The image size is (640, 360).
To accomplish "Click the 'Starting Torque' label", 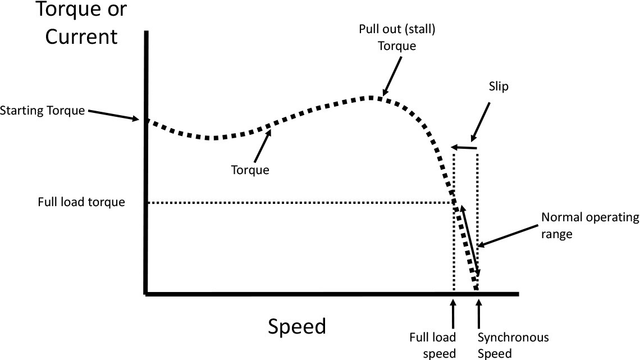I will (x=43, y=110).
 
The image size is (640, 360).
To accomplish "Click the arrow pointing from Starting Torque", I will (x=112, y=114).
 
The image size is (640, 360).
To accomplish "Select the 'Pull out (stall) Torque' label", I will (x=396, y=37).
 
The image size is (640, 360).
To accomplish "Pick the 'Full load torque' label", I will (x=81, y=202).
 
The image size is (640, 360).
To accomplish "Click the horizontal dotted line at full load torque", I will (x=298, y=203).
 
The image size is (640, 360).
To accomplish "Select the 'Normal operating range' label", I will (x=589, y=225).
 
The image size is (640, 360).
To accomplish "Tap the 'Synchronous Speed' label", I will (x=513, y=345).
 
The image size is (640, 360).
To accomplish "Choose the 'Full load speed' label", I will (x=432, y=345).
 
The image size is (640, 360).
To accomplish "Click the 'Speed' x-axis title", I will (x=297, y=326).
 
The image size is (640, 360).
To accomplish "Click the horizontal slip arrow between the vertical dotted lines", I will (x=465, y=148).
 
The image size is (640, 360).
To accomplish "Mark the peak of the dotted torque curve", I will (x=372, y=98).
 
